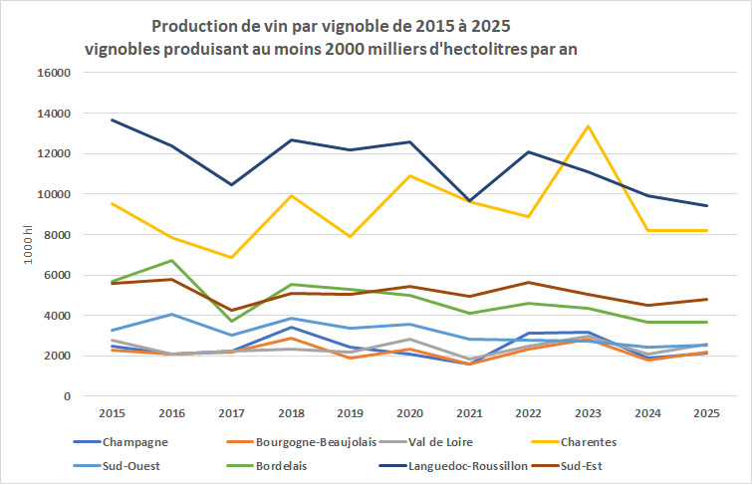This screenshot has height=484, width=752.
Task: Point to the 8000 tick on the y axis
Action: click(x=58, y=235)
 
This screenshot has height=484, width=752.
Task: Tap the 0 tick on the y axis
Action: click(x=66, y=396)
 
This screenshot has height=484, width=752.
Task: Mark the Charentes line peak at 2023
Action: click(x=588, y=126)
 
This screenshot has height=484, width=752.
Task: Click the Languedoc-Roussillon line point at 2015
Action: click(x=112, y=121)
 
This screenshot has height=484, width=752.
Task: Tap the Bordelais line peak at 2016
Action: click(x=171, y=261)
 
